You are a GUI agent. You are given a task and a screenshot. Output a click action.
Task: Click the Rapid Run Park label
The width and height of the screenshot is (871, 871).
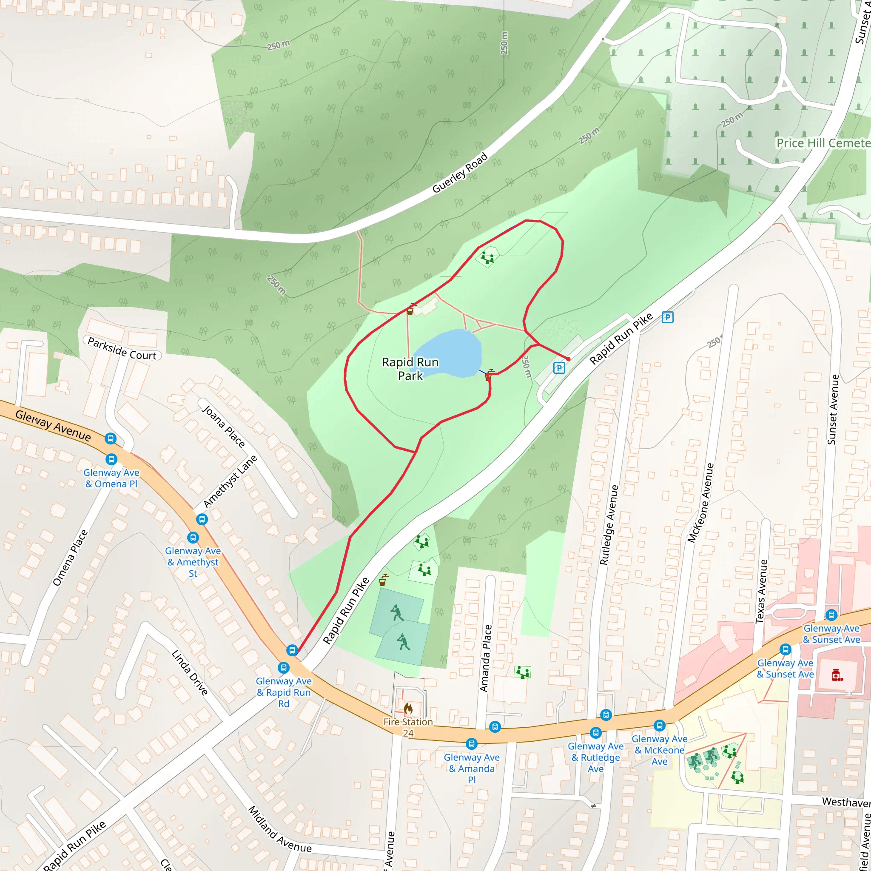pos(410,369)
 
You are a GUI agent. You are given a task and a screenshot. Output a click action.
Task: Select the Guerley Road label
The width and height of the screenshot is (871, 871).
pos(460,173)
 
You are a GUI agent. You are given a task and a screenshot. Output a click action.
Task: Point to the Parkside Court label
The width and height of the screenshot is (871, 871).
pos(122,348)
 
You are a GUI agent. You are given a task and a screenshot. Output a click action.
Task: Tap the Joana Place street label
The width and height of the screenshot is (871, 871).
pos(224,426)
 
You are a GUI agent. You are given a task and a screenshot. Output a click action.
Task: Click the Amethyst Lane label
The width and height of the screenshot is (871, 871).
pos(230,481)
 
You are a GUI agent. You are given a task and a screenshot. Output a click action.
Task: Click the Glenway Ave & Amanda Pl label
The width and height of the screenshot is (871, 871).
pos(472,768)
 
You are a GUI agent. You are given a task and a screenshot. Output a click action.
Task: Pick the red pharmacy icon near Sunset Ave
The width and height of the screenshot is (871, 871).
pos(837,675)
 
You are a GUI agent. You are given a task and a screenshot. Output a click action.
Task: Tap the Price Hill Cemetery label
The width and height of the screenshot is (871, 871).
pos(823,143)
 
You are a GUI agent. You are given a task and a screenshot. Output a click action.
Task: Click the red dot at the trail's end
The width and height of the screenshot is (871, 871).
pos(569,359)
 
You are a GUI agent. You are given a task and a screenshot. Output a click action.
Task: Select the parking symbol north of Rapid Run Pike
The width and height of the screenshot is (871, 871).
pos(667,317)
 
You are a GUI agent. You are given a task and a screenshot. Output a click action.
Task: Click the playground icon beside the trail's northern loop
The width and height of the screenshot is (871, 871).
pos(487,258)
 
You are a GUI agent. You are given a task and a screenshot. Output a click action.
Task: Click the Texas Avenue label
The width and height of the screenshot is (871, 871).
pos(761,591)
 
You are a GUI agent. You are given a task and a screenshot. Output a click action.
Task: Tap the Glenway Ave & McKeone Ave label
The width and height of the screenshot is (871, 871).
pos(659,750)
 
